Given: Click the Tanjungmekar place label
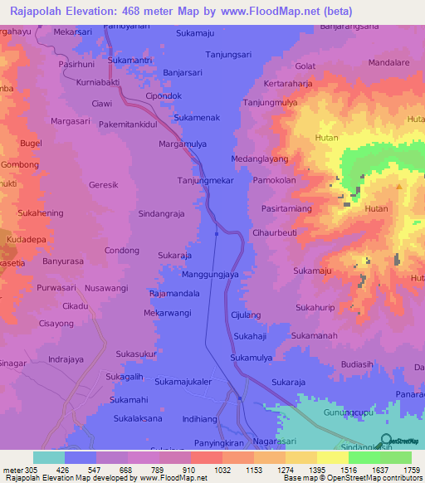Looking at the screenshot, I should pyautogui.click(x=206, y=180).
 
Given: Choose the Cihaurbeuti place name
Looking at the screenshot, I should pyautogui.click(x=275, y=233).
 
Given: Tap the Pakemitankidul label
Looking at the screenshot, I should pyautogui.click(x=128, y=124).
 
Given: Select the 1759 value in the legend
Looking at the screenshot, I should pyautogui.click(x=412, y=468).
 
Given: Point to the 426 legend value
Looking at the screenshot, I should pyautogui.click(x=81, y=468).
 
